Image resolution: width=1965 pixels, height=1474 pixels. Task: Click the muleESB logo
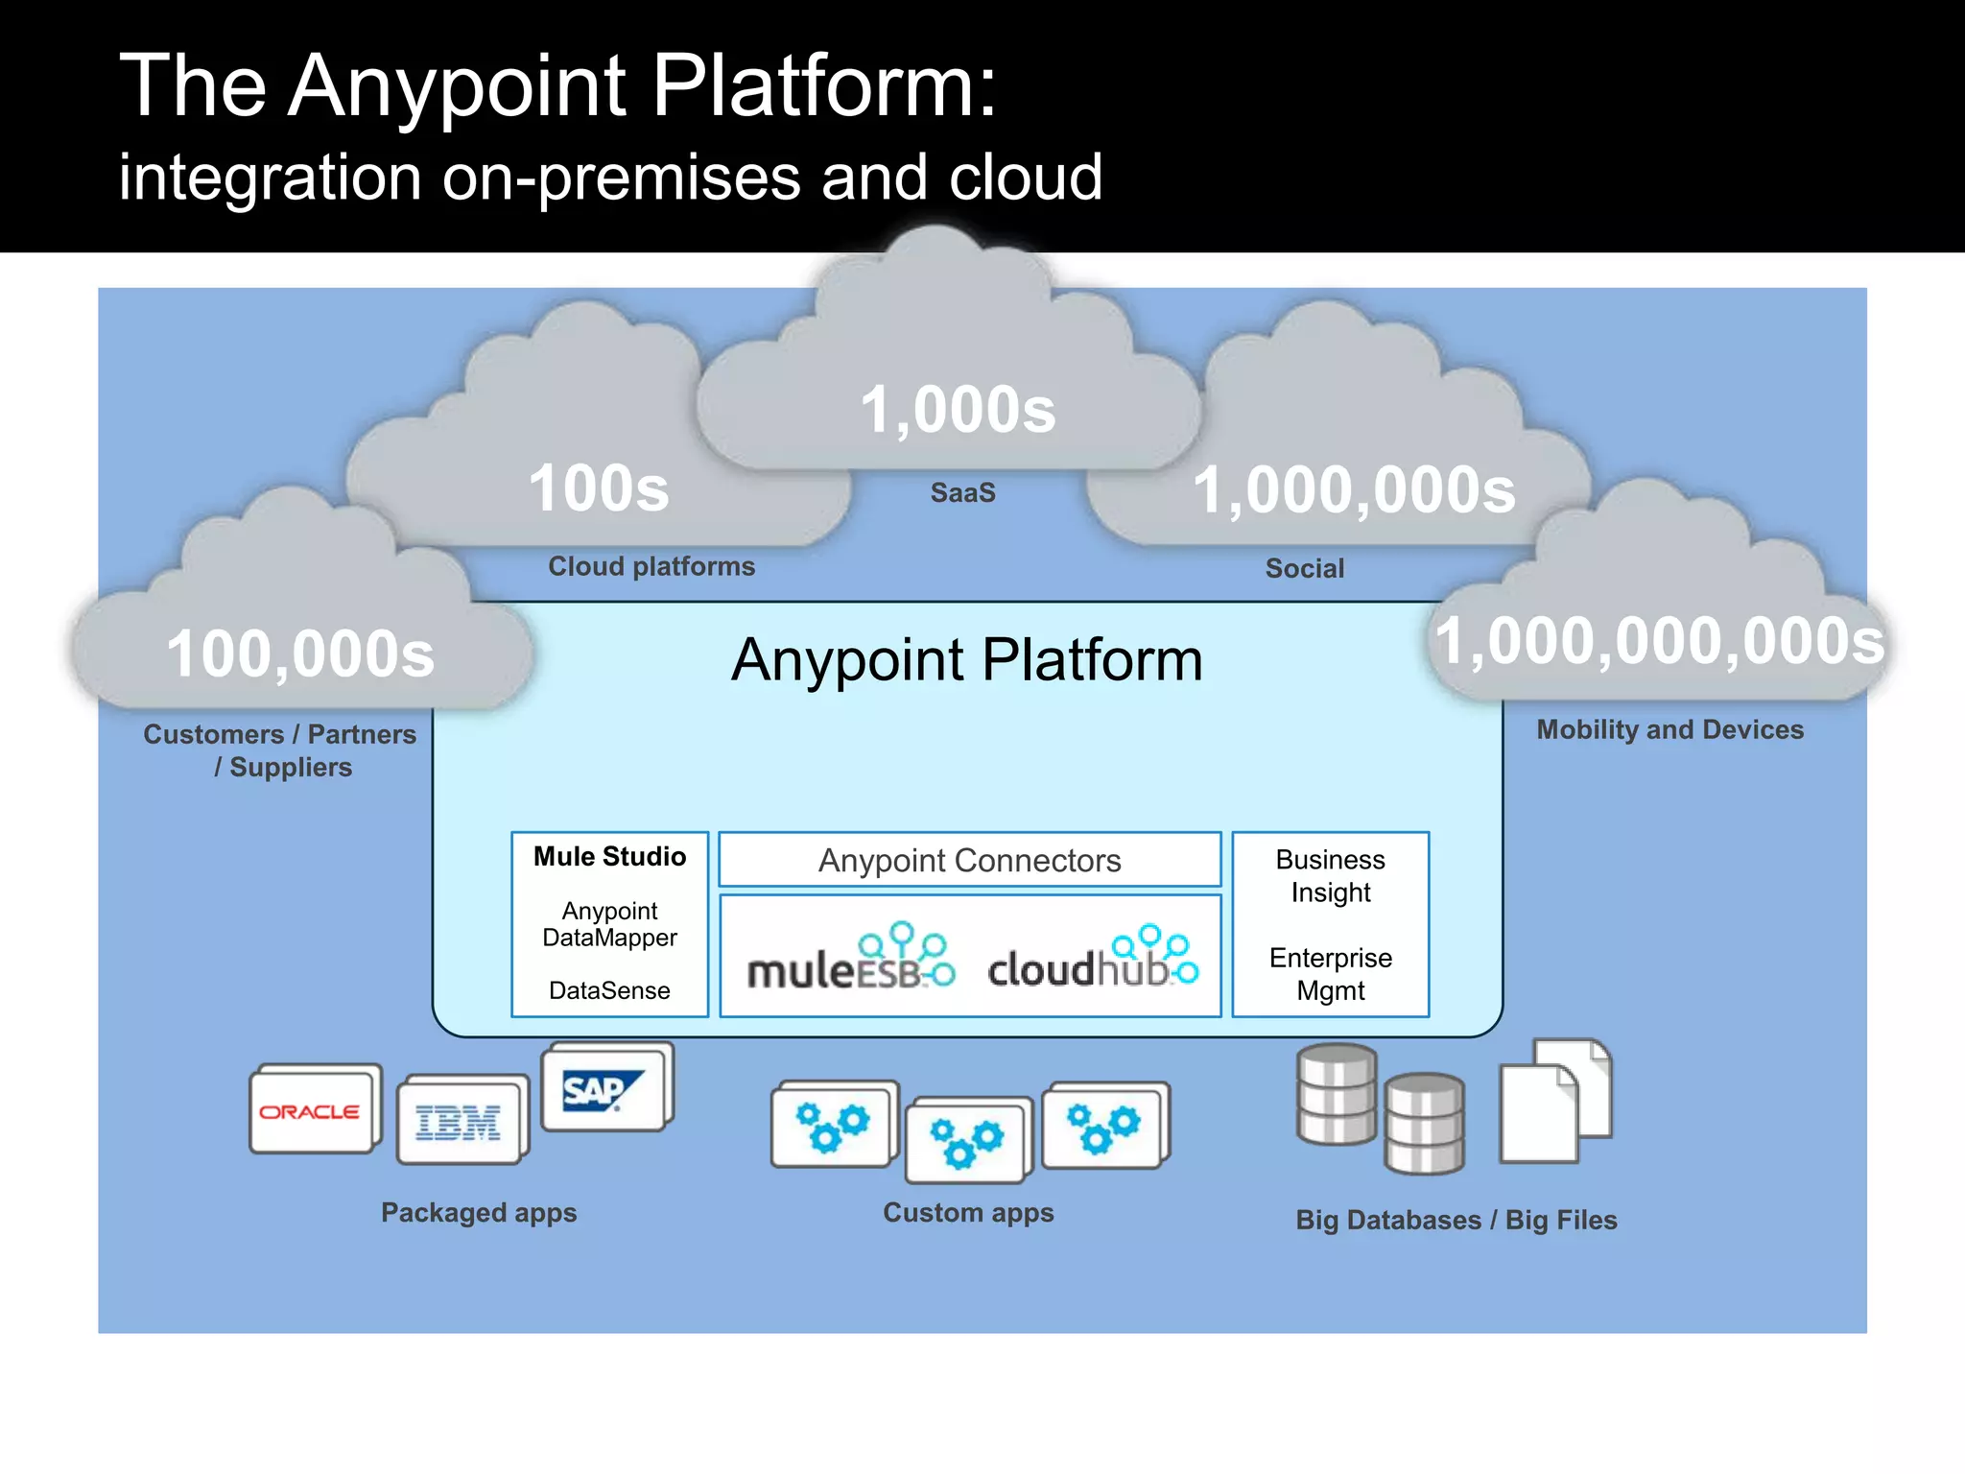point(850,959)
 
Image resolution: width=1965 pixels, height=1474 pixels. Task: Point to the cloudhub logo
point(1093,959)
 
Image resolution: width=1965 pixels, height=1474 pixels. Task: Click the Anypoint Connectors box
point(969,860)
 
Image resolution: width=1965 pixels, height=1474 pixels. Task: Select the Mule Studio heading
point(609,856)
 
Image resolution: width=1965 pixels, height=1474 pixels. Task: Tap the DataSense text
point(609,990)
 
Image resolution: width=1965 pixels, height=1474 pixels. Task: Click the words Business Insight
point(1330,875)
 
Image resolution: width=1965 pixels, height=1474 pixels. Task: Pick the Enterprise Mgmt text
point(1330,974)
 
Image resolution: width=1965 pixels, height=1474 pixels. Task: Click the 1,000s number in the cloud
point(958,410)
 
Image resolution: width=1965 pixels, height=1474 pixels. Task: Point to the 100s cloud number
point(599,488)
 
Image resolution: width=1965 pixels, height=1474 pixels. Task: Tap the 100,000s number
point(300,654)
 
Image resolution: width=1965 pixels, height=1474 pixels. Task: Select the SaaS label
point(962,493)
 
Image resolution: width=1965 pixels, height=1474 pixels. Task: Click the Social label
point(1304,568)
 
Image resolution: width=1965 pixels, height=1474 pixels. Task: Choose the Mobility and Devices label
point(1669,729)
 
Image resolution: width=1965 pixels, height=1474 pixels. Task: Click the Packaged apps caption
point(479,1212)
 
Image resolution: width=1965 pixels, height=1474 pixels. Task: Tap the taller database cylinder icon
point(1336,1094)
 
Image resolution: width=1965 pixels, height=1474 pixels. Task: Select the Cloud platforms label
point(651,566)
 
